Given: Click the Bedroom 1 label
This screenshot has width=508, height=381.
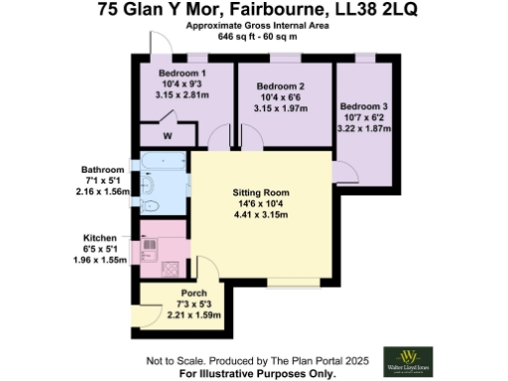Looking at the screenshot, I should pyautogui.click(x=183, y=73).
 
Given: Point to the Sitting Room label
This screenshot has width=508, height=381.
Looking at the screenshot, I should pyautogui.click(x=260, y=191).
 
